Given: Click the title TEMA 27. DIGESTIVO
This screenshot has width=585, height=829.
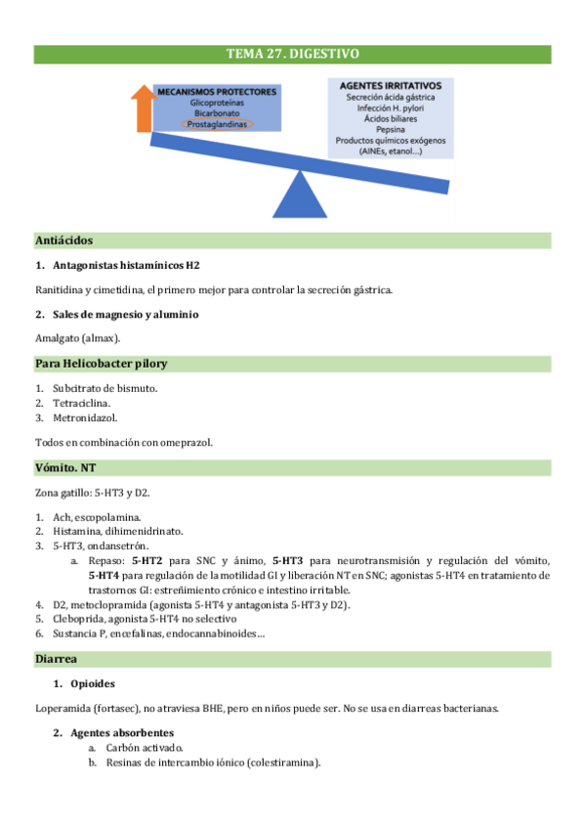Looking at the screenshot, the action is point(292,54).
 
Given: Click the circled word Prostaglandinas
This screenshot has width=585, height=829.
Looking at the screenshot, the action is point(217,125).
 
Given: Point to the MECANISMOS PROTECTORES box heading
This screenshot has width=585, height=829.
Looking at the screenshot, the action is point(217,92).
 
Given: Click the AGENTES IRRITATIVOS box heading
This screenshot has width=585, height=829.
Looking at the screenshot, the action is point(391,85).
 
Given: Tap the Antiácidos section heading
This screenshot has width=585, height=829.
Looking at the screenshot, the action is point(64,240).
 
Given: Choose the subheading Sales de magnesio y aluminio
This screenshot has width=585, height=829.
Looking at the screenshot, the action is point(125,315).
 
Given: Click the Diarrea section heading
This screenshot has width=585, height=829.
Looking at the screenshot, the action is point(57,659).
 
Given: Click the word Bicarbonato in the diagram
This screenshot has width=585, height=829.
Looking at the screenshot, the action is point(217,113).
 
